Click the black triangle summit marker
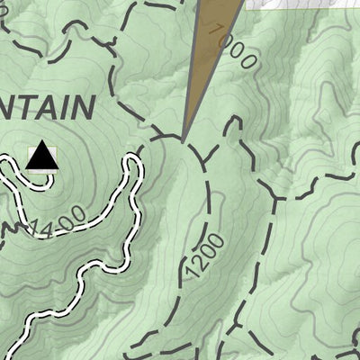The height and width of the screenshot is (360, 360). click(40, 157)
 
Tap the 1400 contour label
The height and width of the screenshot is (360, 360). click(58, 224)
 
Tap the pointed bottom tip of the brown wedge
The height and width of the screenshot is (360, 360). click(184, 141)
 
